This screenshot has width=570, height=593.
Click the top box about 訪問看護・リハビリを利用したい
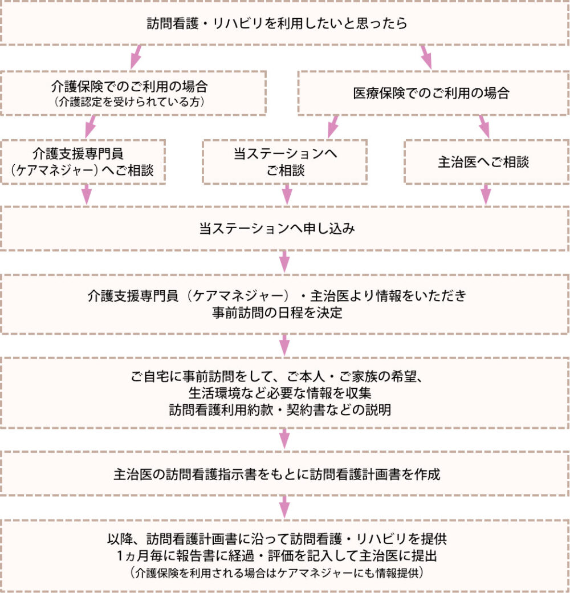pyautogui.click(x=284, y=23)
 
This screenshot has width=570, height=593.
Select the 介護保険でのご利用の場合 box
pyautogui.click(x=133, y=93)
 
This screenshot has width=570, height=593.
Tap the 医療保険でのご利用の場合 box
pyautogui.click(x=433, y=93)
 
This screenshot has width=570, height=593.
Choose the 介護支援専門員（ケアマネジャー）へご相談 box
pyautogui.click(x=83, y=162)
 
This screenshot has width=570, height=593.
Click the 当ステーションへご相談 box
pyautogui.click(x=285, y=162)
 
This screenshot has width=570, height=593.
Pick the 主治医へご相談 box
pyautogui.click(x=486, y=162)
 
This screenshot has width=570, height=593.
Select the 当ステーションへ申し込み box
pyautogui.click(x=284, y=229)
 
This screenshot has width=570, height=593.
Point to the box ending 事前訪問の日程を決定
pyautogui.click(x=284, y=304)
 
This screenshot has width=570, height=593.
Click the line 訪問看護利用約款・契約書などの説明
pyautogui.click(x=280, y=410)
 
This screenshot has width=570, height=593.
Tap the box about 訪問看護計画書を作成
pyautogui.click(x=284, y=473)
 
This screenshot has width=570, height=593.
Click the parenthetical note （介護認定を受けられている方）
pyautogui.click(x=129, y=101)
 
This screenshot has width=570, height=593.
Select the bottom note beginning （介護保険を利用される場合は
pyautogui.click(x=277, y=572)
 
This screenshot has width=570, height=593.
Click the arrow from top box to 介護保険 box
pyautogui.click(x=136, y=57)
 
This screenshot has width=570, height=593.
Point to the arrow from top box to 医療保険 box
pyautogui.click(x=426, y=57)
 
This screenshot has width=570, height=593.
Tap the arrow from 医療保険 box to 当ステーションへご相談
pyautogui.click(x=333, y=127)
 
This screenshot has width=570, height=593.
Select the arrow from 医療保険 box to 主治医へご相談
pyautogui.click(x=484, y=127)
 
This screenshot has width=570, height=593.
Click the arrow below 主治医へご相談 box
pyautogui.click(x=486, y=195)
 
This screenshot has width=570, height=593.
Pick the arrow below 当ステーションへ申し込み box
pyautogui.click(x=284, y=262)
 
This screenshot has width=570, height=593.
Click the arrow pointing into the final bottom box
pyautogui.click(x=284, y=507)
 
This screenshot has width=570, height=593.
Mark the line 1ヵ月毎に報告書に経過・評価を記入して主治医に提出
pyautogui.click(x=277, y=555)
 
